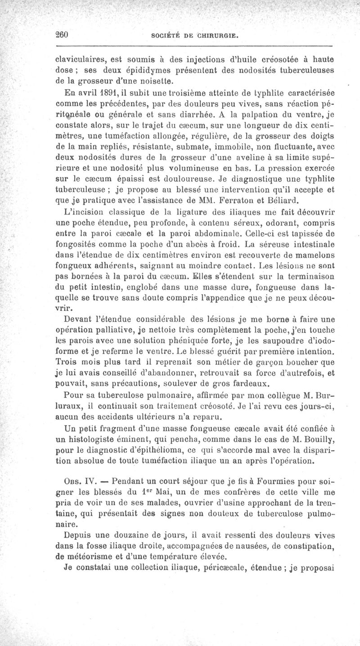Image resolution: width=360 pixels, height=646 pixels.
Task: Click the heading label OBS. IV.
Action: click(76, 481)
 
